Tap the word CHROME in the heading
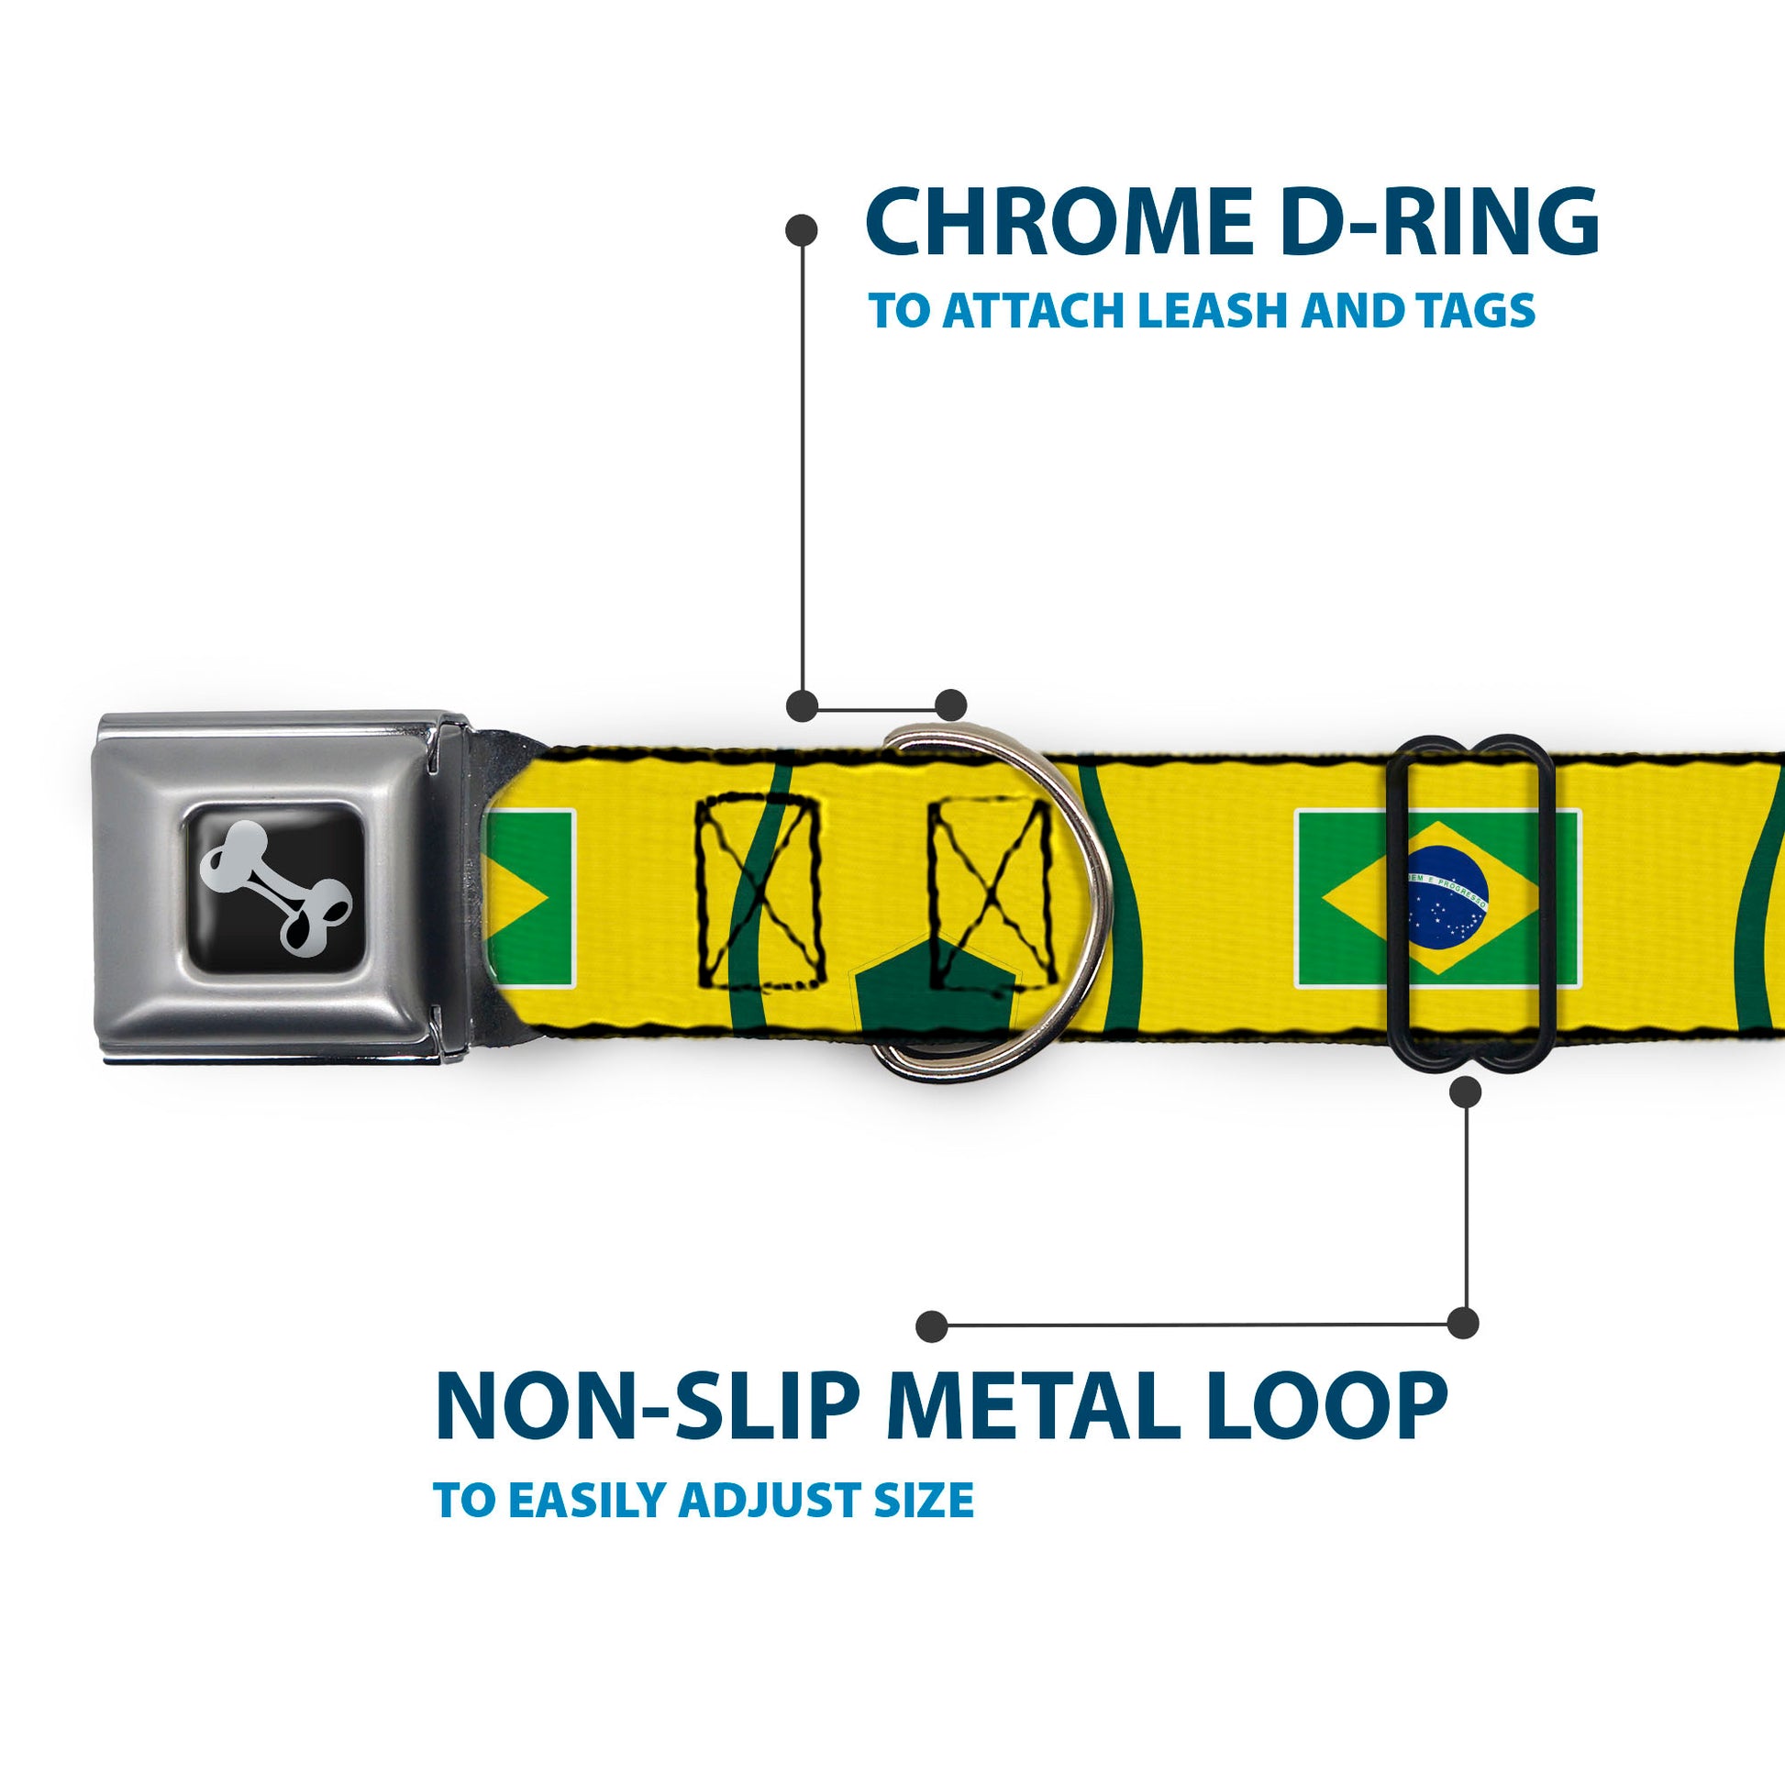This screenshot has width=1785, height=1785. tap(1059, 222)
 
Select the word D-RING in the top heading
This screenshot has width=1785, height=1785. tap(1439, 222)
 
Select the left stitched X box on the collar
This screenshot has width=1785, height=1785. tap(759, 891)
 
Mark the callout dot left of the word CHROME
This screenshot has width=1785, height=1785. tap(801, 230)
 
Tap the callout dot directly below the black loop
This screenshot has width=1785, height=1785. tap(1465, 1093)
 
